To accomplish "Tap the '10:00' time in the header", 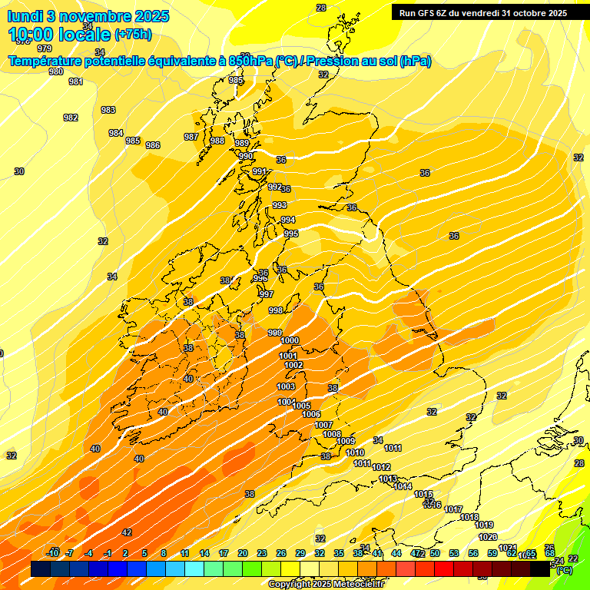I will click(x=33, y=34).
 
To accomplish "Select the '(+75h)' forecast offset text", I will click(x=133, y=34).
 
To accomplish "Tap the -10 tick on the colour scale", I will click(x=53, y=553).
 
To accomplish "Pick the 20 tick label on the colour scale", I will click(x=242, y=553).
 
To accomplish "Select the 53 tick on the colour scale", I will click(x=453, y=553).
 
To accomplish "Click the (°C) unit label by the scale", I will click(x=564, y=571).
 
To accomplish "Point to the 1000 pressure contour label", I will click(x=290, y=340).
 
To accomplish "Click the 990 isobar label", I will click(x=246, y=156).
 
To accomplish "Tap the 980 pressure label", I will click(x=56, y=71).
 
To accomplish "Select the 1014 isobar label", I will click(x=403, y=486).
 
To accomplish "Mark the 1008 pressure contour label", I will click(x=331, y=434).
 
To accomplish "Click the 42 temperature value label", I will click(x=127, y=532).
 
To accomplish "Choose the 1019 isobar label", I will click(x=484, y=525).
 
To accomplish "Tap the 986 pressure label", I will click(x=153, y=145).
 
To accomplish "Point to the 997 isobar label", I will click(x=266, y=294).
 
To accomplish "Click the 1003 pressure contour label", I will click(x=286, y=386).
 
